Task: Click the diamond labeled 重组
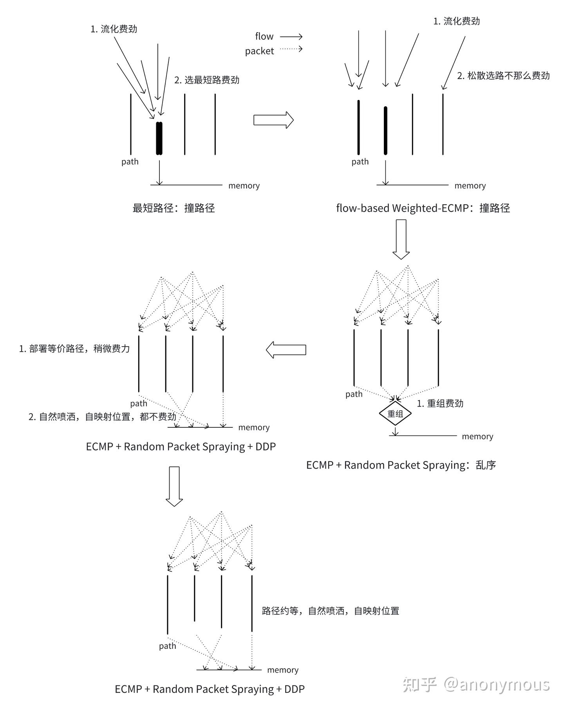pyautogui.click(x=395, y=414)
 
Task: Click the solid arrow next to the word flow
pyautogui.click(x=291, y=37)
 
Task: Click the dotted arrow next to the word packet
pyautogui.click(x=291, y=49)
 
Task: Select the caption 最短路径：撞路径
pyautogui.click(x=174, y=208)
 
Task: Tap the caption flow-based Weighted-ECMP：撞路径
pyautogui.click(x=423, y=208)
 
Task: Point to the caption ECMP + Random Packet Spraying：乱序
pyautogui.click(x=401, y=465)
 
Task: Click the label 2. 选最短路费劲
pyautogui.click(x=207, y=80)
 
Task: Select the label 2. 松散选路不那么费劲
pyautogui.click(x=503, y=76)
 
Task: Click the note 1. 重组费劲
pyautogui.click(x=440, y=403)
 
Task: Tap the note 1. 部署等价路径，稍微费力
pyautogui.click(x=74, y=349)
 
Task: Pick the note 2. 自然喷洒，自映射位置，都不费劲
pyautogui.click(x=102, y=416)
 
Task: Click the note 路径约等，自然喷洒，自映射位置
pyautogui.click(x=331, y=611)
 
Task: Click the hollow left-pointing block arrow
pyautogui.click(x=286, y=350)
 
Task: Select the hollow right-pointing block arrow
pyautogui.click(x=274, y=120)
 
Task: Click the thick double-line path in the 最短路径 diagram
pyautogui.click(x=159, y=138)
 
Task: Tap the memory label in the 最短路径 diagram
pyautogui.click(x=244, y=185)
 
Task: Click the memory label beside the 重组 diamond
pyautogui.click(x=477, y=436)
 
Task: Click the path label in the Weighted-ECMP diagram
pyautogui.click(x=360, y=162)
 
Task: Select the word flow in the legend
pyautogui.click(x=264, y=36)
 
